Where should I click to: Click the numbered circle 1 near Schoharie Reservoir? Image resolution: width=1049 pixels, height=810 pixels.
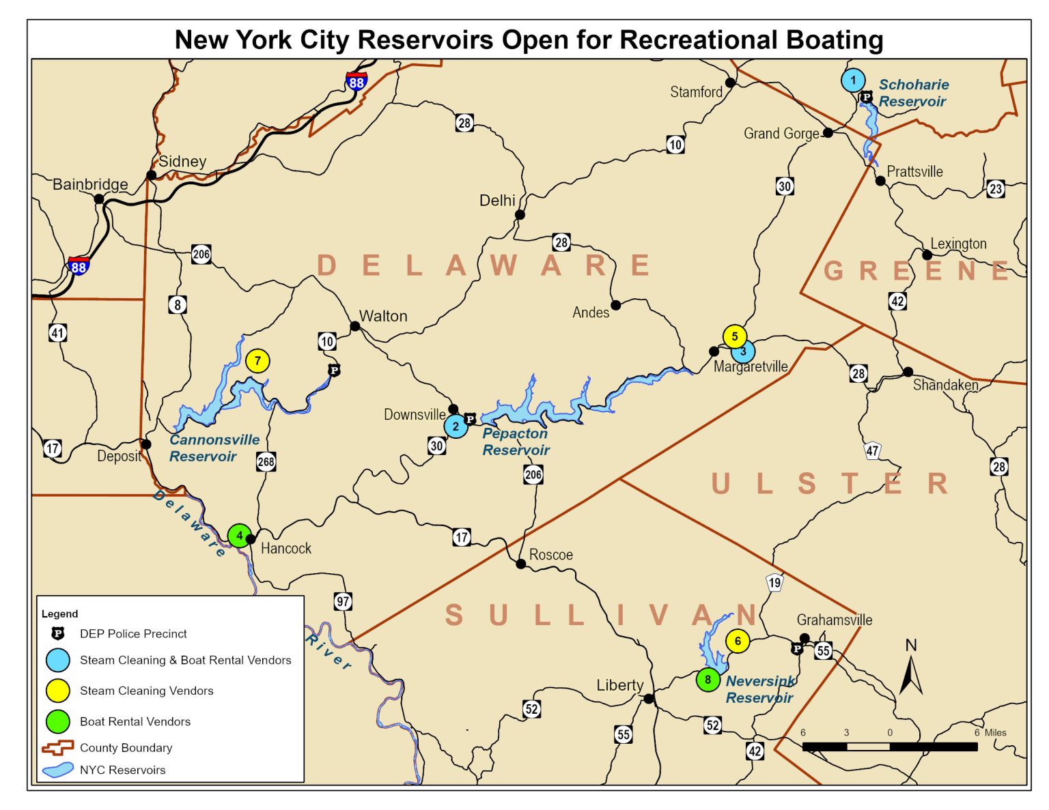coord(853,80)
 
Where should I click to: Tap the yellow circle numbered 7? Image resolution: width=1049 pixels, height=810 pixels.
coord(257,361)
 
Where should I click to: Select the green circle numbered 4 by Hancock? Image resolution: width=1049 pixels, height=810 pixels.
coord(239,536)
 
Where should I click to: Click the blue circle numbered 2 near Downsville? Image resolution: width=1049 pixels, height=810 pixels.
coord(456,426)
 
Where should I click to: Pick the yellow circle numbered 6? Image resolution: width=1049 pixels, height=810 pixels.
coord(738,641)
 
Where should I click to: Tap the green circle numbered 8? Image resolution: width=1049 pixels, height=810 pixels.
coord(708,680)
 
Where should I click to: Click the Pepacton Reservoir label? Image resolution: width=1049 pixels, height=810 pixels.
coord(516,442)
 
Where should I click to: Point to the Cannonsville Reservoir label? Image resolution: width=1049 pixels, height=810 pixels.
coord(214,448)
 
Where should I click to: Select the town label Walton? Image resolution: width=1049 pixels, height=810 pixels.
coord(383,316)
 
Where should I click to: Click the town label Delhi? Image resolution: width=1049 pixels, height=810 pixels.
coord(497,201)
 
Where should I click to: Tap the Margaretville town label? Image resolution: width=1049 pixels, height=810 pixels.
coord(751,366)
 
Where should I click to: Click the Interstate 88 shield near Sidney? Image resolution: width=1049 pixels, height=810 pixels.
coord(356,82)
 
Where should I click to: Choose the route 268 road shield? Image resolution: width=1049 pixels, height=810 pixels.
coord(266,462)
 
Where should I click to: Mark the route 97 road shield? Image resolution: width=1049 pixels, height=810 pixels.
coord(343,601)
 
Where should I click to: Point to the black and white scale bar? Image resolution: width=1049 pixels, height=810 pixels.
coord(890,747)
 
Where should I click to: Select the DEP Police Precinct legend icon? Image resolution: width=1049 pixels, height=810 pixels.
coord(58,633)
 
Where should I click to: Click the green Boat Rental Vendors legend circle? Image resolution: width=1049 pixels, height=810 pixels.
coord(58,721)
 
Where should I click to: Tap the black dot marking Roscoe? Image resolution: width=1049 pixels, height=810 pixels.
coord(521,564)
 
